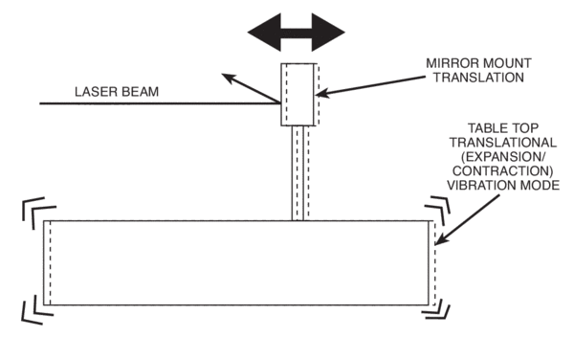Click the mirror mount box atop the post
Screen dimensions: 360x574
[298, 94]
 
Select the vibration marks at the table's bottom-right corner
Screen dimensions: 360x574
[440, 307]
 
